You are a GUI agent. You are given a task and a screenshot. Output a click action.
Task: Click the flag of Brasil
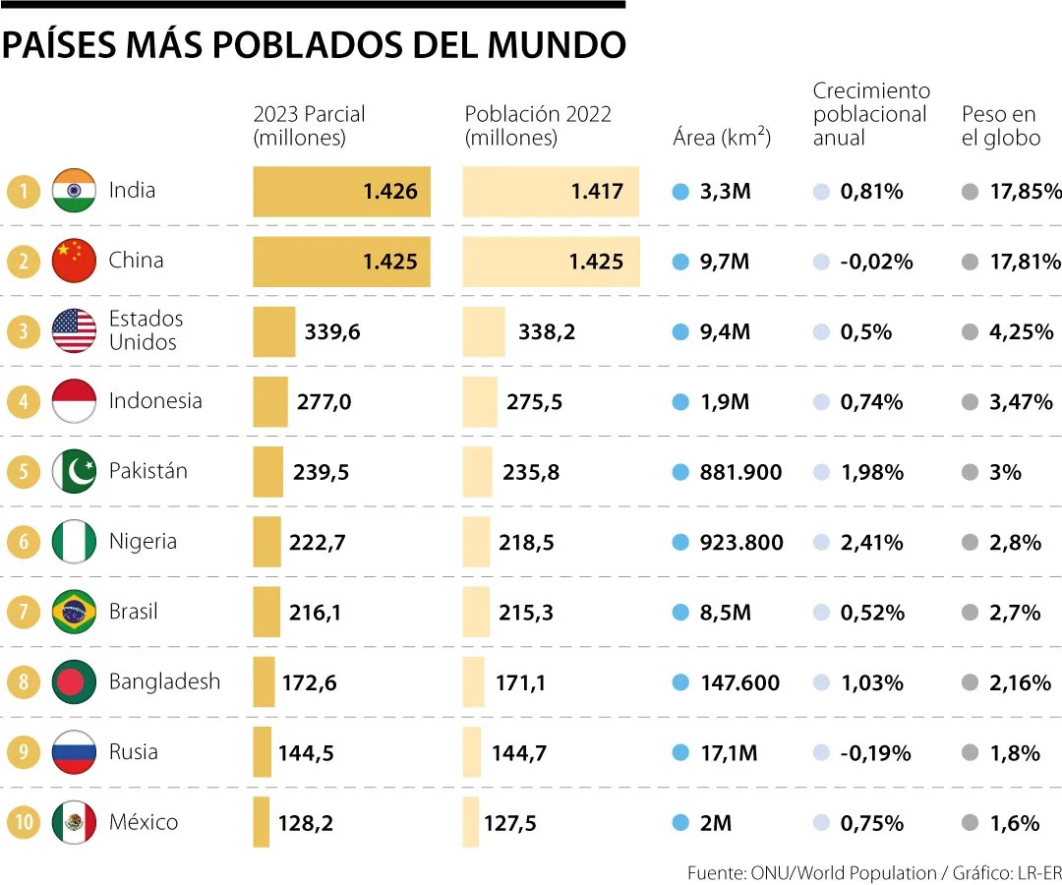(74, 612)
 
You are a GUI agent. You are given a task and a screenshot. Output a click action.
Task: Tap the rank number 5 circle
(24, 471)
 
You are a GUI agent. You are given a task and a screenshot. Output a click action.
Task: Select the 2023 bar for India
(341, 192)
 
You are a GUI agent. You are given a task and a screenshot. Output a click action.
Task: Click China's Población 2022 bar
(551, 262)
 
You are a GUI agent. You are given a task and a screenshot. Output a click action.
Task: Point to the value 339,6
(332, 332)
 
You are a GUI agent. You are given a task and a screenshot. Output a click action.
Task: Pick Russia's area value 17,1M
(728, 753)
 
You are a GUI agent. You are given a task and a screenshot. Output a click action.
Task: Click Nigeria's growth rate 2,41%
(871, 542)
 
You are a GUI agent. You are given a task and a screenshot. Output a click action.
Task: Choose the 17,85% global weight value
(1025, 192)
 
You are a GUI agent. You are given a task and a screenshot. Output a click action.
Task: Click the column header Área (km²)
(722, 138)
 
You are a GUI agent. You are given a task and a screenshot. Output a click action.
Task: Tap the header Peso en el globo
(1000, 126)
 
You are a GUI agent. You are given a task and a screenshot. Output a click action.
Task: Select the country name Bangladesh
(164, 681)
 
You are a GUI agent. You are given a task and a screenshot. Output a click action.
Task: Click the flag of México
(74, 822)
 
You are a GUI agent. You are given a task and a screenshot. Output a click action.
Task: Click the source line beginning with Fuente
(873, 872)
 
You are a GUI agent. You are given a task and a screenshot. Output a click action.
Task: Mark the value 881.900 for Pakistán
(740, 472)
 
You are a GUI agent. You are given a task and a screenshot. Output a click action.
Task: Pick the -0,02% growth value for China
(876, 262)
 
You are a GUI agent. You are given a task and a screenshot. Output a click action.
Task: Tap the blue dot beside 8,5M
(680, 613)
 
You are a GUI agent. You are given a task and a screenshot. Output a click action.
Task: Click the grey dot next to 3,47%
(971, 402)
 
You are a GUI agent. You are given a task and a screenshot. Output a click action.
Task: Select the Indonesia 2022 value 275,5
(534, 402)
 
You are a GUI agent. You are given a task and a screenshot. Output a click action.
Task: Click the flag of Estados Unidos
(74, 331)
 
